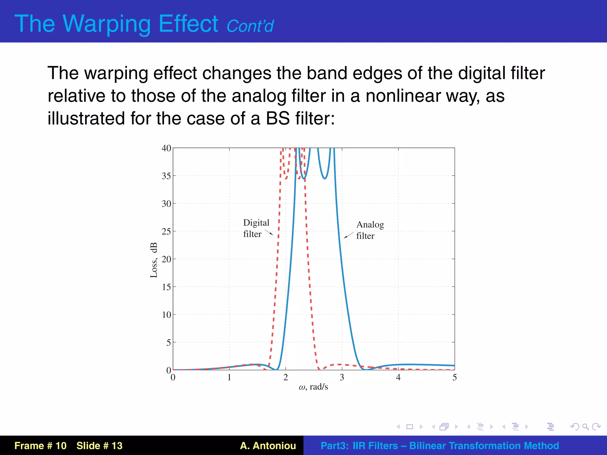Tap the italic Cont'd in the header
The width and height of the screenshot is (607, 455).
tap(250, 26)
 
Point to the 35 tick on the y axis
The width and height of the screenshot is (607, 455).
tap(166, 176)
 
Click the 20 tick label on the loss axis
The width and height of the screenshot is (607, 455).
tap(166, 259)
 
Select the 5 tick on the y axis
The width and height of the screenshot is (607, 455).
tap(168, 343)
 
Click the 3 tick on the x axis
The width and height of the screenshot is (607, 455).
tap(342, 377)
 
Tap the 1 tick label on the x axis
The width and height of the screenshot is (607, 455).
tap(229, 377)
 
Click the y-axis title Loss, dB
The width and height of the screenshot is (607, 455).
tap(154, 260)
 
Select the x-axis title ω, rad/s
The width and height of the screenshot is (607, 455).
tap(313, 387)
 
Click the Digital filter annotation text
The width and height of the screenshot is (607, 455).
tap(256, 228)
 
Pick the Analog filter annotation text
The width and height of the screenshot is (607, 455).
tap(370, 230)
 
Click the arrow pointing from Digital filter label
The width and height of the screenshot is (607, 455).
tap(269, 233)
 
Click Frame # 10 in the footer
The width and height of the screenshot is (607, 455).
tap(41, 446)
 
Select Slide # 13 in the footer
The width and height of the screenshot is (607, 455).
tap(99, 446)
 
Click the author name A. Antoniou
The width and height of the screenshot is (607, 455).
tap(268, 446)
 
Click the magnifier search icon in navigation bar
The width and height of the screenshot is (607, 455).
tap(585, 427)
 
